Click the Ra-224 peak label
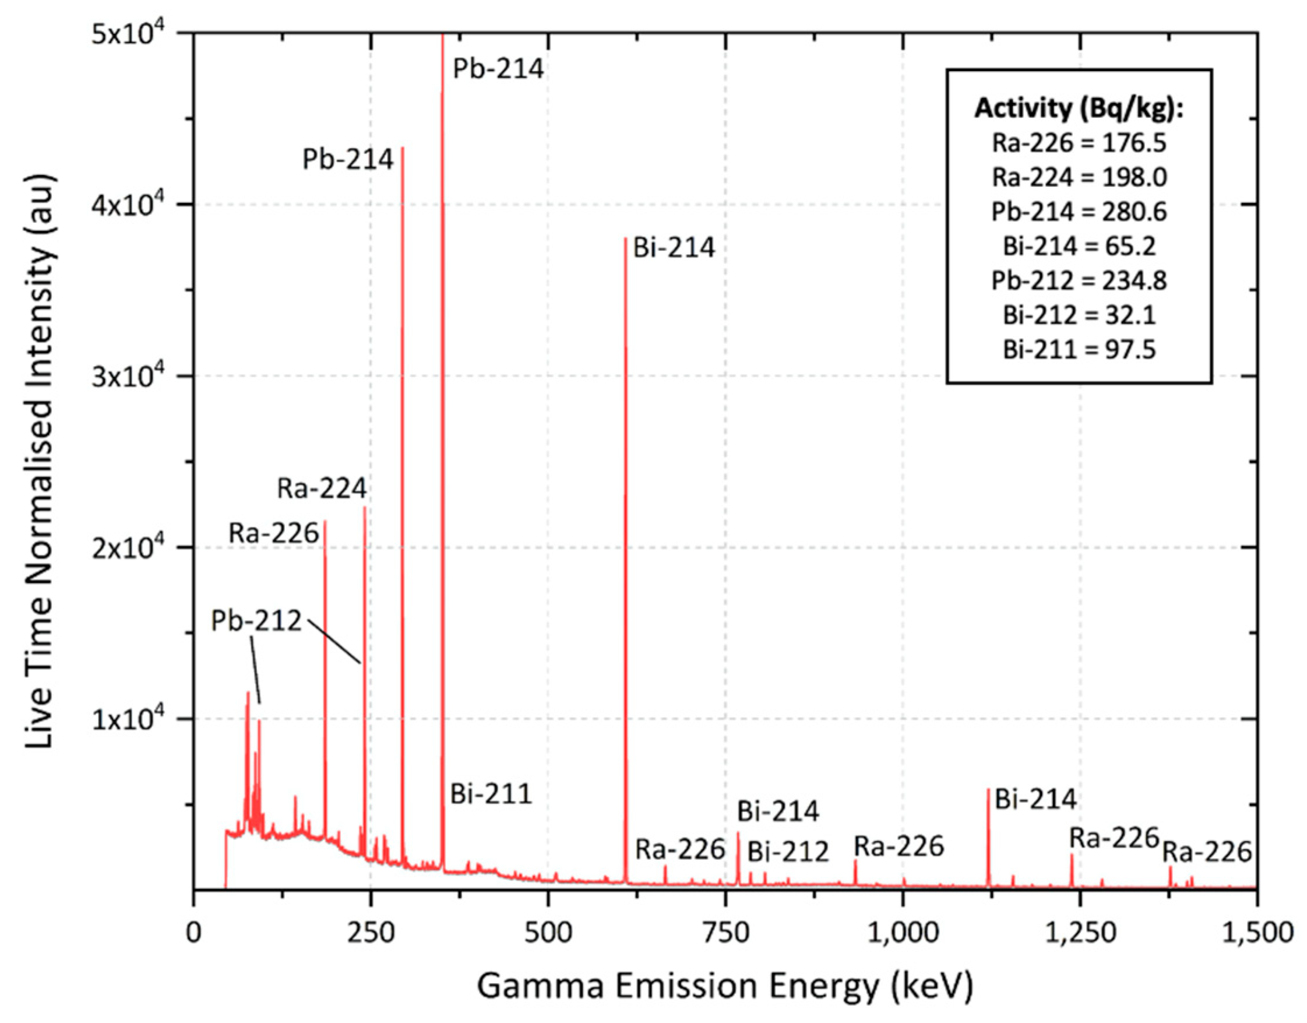(x=322, y=488)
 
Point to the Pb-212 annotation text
(x=256, y=621)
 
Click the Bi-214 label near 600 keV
(x=674, y=248)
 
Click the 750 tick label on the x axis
(x=725, y=933)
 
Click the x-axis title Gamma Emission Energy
(x=724, y=986)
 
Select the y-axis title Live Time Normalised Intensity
(x=41, y=461)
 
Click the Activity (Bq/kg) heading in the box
(x=1079, y=108)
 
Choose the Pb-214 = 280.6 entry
(x=1079, y=212)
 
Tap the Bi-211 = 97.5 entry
(x=1079, y=350)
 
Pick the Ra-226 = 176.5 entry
(x=1079, y=143)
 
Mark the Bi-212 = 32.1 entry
(x=1079, y=315)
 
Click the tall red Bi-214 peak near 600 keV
(x=626, y=539)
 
